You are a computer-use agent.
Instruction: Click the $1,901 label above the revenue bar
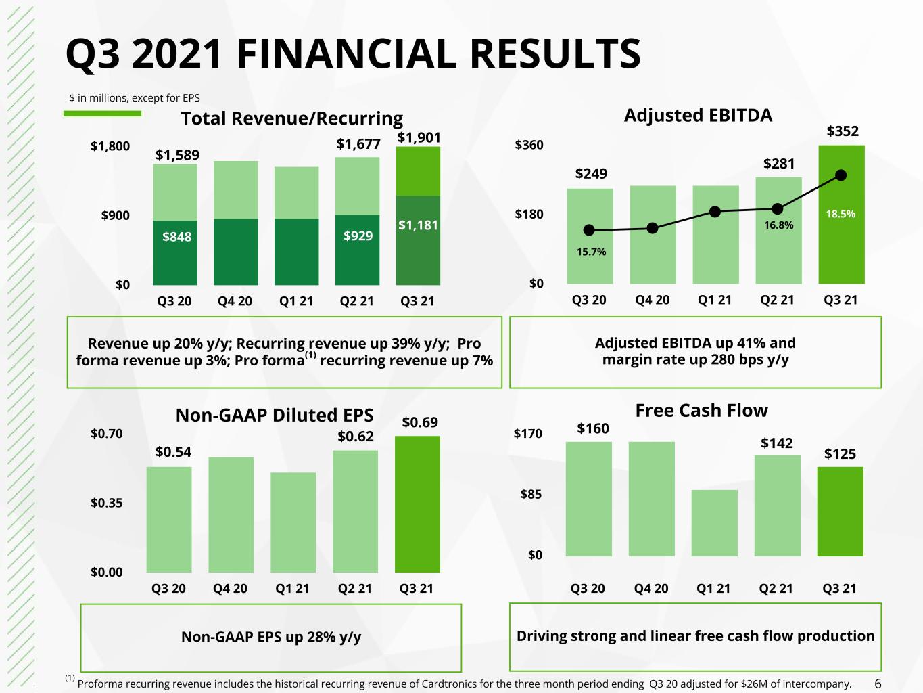419,137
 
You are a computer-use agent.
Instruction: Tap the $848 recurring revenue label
176,237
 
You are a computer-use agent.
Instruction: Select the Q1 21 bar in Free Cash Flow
715,523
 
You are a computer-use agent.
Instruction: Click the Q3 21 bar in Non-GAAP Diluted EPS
417,504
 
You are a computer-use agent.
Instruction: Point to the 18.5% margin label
841,214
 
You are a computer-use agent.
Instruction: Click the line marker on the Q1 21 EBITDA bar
715,212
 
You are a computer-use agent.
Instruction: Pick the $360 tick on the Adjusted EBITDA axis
529,145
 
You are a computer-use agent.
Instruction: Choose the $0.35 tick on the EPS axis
106,503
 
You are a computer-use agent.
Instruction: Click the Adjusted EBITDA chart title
698,115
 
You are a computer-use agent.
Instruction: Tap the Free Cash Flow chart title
701,410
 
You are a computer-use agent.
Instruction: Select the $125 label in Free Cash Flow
840,454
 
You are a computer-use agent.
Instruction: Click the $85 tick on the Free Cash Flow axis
531,494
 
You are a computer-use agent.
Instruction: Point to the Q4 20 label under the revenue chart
235,301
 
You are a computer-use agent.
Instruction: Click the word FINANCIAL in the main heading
346,53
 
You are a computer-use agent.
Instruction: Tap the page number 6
878,684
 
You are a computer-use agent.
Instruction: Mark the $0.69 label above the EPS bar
420,422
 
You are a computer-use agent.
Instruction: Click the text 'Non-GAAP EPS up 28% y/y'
271,637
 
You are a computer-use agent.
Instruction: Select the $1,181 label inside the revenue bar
418,225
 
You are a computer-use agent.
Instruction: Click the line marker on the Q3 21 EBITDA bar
841,175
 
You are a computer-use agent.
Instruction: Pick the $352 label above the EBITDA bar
843,131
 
